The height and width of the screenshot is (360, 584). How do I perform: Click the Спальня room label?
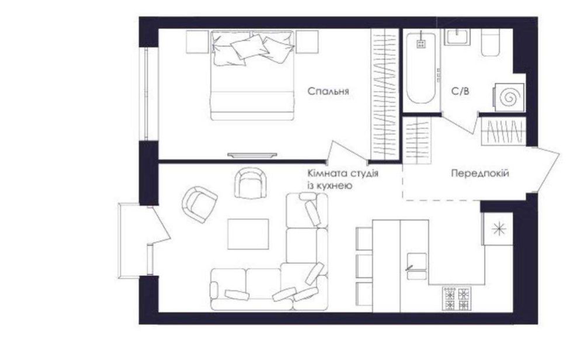328,91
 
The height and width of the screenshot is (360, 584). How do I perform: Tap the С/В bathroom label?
460,91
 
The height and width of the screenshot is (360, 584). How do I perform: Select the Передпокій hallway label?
480,174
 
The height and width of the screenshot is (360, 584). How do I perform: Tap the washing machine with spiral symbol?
509,97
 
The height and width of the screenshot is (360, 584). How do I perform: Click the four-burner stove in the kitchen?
457,298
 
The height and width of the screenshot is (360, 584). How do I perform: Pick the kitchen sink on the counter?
417,266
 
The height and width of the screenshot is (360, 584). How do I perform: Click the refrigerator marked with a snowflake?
498,229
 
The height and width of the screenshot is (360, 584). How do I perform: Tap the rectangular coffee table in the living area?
248,234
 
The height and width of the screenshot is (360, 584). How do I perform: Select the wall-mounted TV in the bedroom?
252,155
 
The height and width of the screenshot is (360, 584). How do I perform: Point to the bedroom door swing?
346,152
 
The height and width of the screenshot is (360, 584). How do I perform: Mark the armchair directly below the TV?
251,182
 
